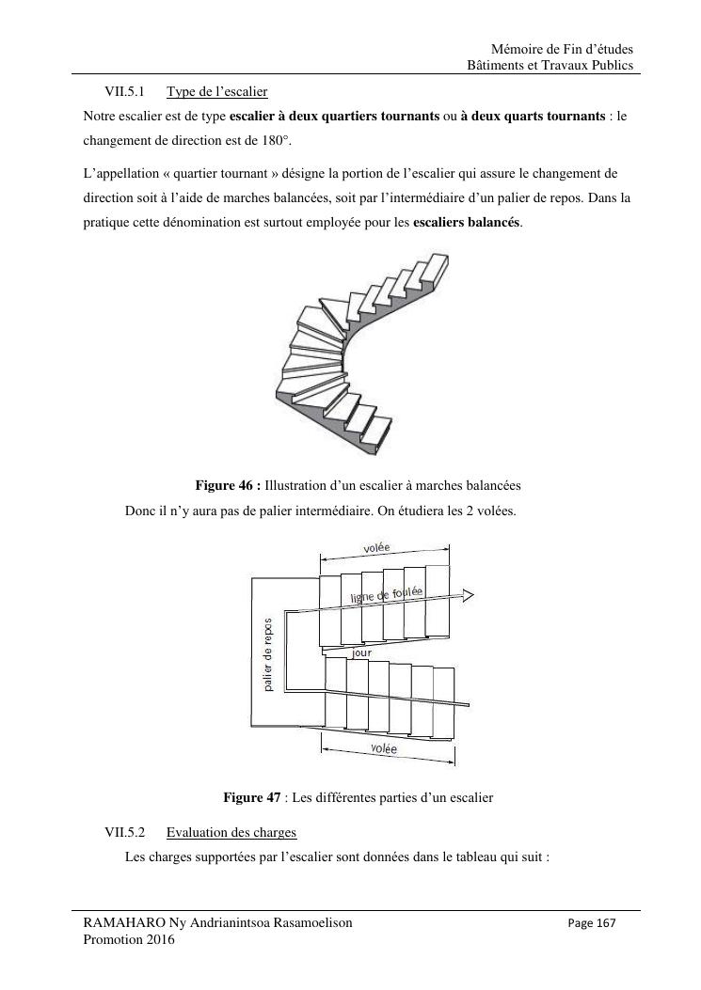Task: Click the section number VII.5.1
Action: point(124,92)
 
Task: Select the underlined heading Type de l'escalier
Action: point(216,92)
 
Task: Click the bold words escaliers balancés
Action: point(467,223)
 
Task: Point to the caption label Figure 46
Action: point(227,485)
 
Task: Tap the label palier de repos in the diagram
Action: point(268,654)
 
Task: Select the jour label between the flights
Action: point(361,652)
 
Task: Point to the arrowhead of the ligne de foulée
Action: point(468,595)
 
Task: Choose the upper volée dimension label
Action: point(376,548)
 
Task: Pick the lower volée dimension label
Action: point(384,748)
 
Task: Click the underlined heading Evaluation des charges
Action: point(231,833)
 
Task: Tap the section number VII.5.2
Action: point(124,833)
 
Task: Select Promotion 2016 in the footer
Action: point(129,939)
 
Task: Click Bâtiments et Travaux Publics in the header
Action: point(550,66)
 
